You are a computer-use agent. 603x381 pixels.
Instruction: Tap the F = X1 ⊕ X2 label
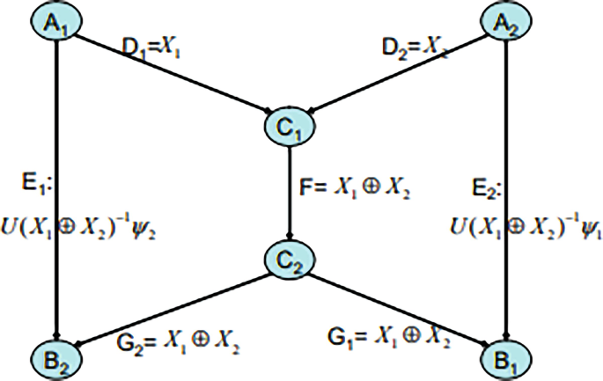click(356, 188)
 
